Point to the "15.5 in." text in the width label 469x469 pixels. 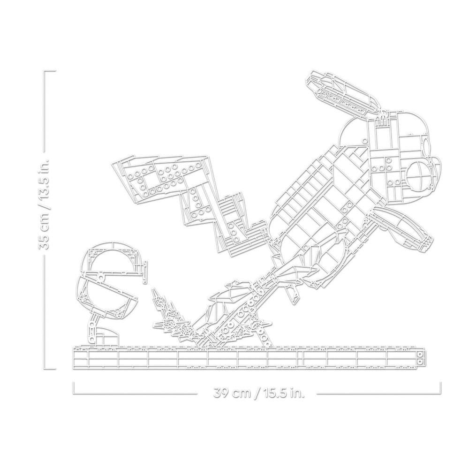click(x=283, y=393)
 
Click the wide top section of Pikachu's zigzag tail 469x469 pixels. click(x=161, y=176)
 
